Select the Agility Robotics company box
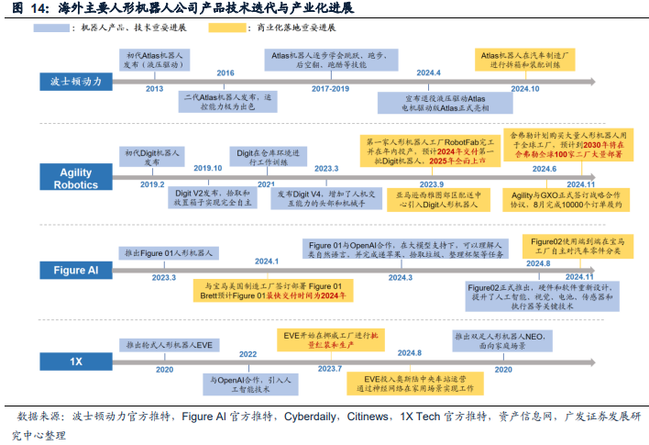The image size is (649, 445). tap(77, 178)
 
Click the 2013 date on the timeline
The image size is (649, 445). tap(154, 89)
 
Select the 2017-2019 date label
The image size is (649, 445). tap(330, 89)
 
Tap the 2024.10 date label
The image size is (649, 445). tap(525, 89)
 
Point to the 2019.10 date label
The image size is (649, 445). tap(208, 168)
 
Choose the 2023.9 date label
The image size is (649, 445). tap(405, 184)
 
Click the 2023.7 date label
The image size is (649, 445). tap(329, 368)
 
